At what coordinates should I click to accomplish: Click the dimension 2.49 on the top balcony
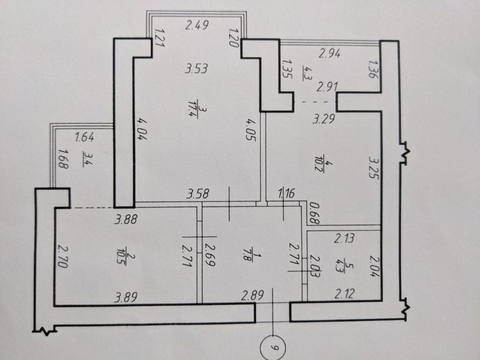(x=197, y=24)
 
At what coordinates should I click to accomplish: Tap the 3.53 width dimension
(x=196, y=68)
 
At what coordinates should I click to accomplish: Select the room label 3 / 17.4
(x=192, y=109)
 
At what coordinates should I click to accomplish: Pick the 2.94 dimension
(x=329, y=54)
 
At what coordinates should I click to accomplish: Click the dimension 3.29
(x=324, y=118)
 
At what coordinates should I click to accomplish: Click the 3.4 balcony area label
(x=86, y=160)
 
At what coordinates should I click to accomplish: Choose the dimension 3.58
(x=198, y=194)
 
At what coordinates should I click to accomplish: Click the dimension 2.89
(x=252, y=295)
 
